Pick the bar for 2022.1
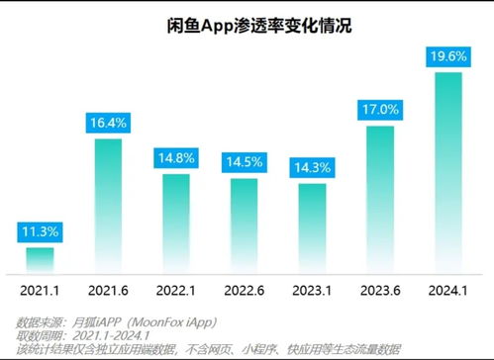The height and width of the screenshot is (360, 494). (x=175, y=223)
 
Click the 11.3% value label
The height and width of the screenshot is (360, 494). (x=41, y=232)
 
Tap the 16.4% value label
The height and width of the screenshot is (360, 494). (x=108, y=124)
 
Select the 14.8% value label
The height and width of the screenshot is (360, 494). (x=175, y=158)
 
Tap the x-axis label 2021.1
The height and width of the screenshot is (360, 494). (x=41, y=290)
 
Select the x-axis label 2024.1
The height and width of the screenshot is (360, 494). (x=448, y=290)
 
